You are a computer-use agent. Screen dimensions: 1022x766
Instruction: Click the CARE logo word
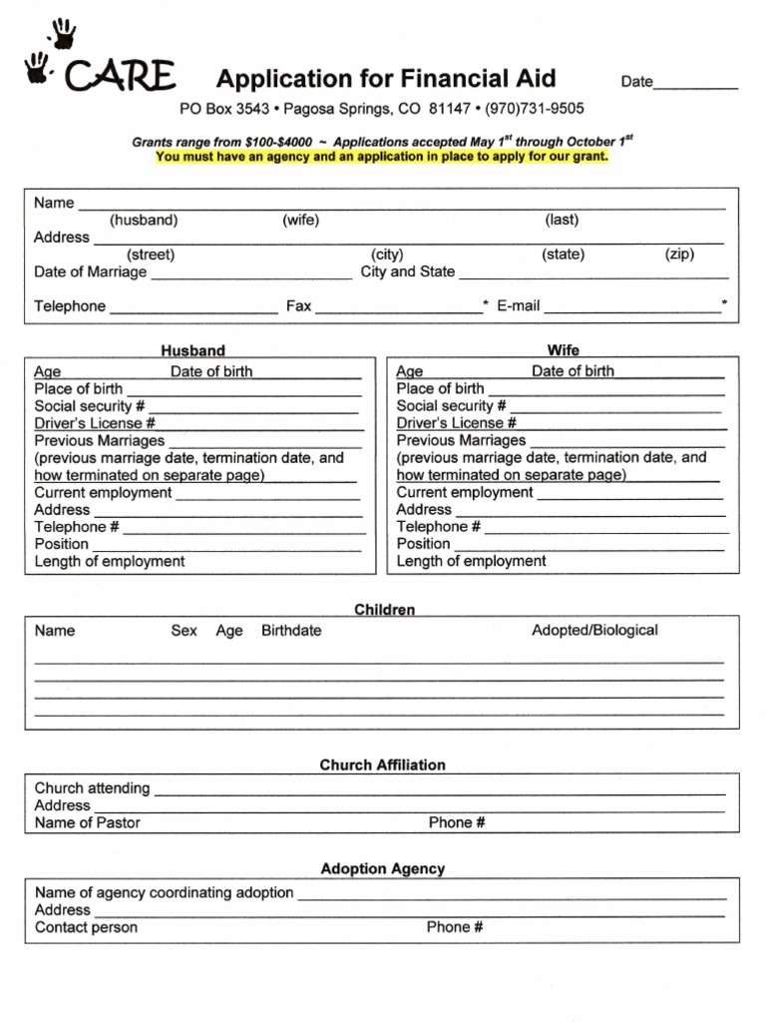(120, 76)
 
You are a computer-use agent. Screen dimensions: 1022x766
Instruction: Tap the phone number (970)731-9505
(535, 109)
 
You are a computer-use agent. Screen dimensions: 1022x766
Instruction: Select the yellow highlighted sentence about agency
(382, 157)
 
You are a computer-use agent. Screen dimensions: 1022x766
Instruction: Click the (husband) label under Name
(144, 221)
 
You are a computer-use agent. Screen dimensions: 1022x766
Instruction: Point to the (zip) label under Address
(679, 255)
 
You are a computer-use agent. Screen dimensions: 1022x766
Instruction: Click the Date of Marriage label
(91, 271)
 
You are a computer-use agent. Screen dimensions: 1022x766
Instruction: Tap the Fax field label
(298, 306)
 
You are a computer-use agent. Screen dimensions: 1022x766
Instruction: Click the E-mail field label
(518, 306)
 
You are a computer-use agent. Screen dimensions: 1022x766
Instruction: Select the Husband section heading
(193, 351)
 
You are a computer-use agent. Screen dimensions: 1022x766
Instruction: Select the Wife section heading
(563, 351)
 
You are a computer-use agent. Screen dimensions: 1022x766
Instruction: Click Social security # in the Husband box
(89, 406)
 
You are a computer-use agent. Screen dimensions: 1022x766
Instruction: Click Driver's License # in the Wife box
(456, 423)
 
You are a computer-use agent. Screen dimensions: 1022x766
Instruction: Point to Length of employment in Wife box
(471, 561)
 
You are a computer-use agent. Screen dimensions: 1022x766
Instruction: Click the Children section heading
(384, 610)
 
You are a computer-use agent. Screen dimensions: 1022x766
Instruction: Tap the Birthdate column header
(291, 631)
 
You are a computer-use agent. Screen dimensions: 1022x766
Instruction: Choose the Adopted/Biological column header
(594, 631)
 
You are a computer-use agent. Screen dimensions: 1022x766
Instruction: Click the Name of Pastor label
(88, 823)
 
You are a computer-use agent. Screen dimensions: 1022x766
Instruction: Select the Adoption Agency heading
(383, 869)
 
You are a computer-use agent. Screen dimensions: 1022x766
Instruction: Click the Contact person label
(86, 927)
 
